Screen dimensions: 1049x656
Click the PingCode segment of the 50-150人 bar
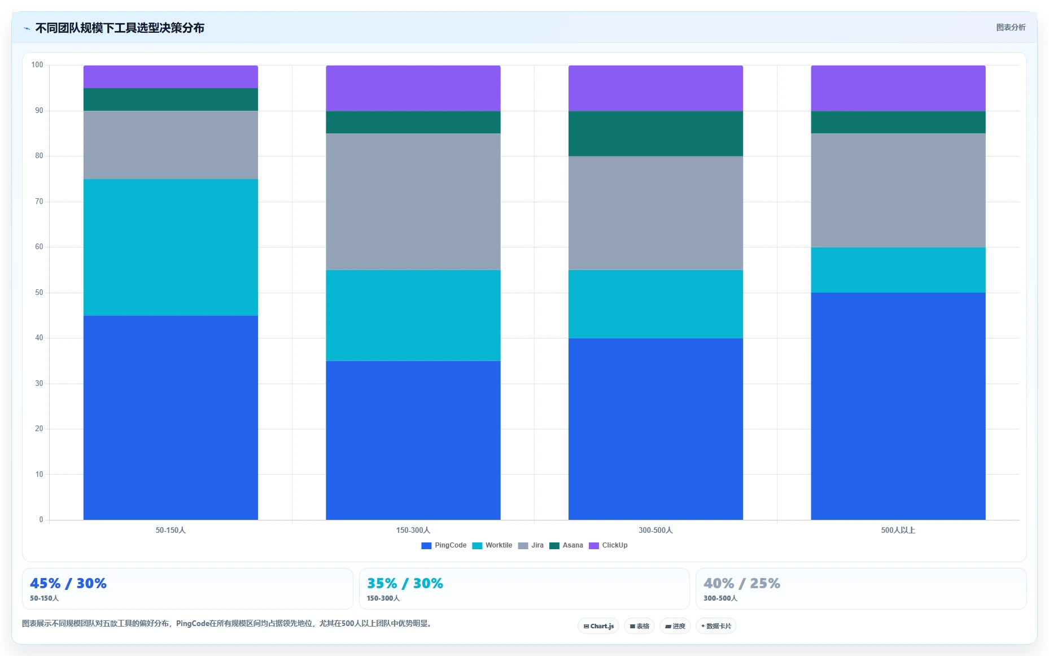tap(171, 418)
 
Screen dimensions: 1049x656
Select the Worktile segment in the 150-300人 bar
tap(413, 315)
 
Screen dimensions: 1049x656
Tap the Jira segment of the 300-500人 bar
tap(655, 213)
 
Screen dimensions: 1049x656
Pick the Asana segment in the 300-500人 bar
tap(655, 133)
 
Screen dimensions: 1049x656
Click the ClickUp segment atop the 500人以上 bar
tap(898, 88)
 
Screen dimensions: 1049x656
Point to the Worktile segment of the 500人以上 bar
tap(898, 270)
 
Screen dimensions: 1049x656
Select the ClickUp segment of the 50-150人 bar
tap(171, 77)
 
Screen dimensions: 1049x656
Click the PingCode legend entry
tap(444, 545)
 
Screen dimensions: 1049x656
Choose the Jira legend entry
tap(531, 545)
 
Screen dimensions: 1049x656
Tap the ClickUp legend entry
tap(608, 545)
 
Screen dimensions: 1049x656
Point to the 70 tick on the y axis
tap(39, 202)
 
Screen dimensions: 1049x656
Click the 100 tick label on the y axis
tap(37, 65)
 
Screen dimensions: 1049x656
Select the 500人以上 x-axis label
tap(898, 530)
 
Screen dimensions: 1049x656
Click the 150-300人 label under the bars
tap(413, 530)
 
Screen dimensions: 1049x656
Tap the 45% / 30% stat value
tap(68, 583)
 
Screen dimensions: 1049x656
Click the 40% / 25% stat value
tap(742, 583)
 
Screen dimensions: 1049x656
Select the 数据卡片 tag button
tap(716, 626)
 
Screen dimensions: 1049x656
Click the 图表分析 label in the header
tap(1011, 27)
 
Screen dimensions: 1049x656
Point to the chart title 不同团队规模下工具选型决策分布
tap(120, 28)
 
